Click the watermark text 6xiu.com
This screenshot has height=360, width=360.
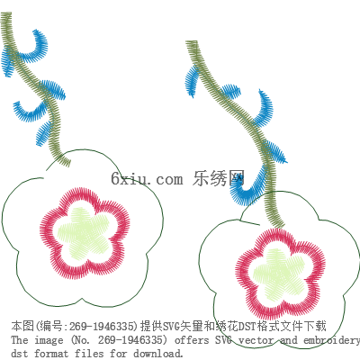coord(147,179)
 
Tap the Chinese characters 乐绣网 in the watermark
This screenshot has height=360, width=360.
coord(219,178)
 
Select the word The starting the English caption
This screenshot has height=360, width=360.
coord(20,340)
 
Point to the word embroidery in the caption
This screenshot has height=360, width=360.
coord(331,340)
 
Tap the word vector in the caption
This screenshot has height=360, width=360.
coord(256,340)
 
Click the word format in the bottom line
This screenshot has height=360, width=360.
coord(51,353)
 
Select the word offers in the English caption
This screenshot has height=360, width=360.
coord(192,340)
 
